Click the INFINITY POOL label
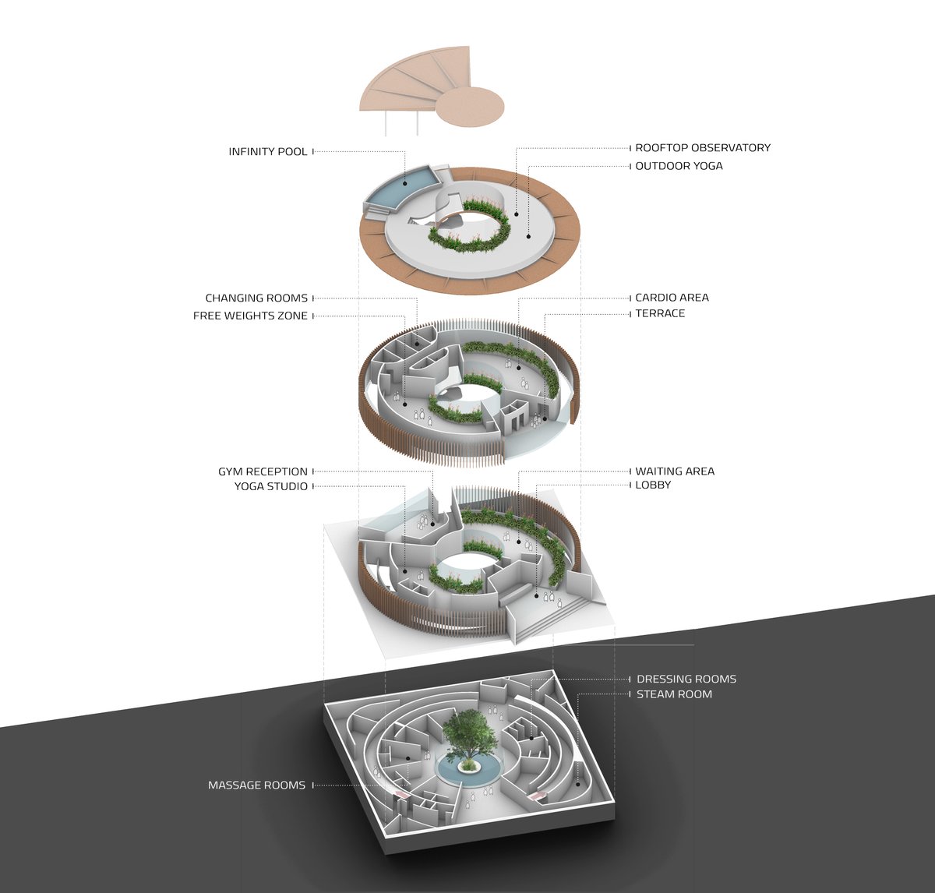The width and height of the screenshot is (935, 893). (x=267, y=151)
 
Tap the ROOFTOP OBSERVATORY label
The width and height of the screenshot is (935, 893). (x=703, y=147)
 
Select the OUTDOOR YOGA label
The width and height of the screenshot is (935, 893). (x=679, y=166)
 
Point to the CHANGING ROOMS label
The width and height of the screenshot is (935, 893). (x=256, y=298)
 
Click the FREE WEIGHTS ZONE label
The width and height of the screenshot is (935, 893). (x=250, y=316)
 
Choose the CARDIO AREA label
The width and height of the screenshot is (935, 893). (x=672, y=298)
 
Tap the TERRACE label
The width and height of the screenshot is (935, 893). (x=660, y=313)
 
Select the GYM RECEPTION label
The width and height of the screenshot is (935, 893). (x=263, y=471)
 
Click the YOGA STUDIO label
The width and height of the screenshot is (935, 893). (x=271, y=486)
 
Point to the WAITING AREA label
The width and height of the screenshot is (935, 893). (x=675, y=471)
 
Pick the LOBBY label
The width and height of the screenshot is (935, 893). (x=653, y=485)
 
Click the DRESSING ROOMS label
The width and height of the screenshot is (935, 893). (x=686, y=679)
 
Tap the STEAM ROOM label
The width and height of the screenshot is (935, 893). (x=674, y=694)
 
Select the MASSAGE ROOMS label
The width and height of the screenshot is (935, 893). (x=256, y=785)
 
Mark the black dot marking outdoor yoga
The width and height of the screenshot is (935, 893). (x=528, y=236)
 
